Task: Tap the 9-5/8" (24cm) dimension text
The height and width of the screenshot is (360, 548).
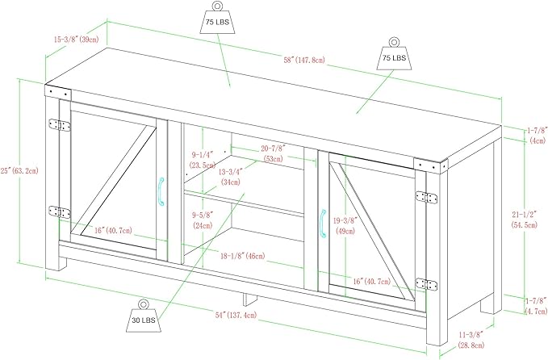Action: tap(202, 221)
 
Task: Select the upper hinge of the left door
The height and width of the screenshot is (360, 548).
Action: tap(56, 127)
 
